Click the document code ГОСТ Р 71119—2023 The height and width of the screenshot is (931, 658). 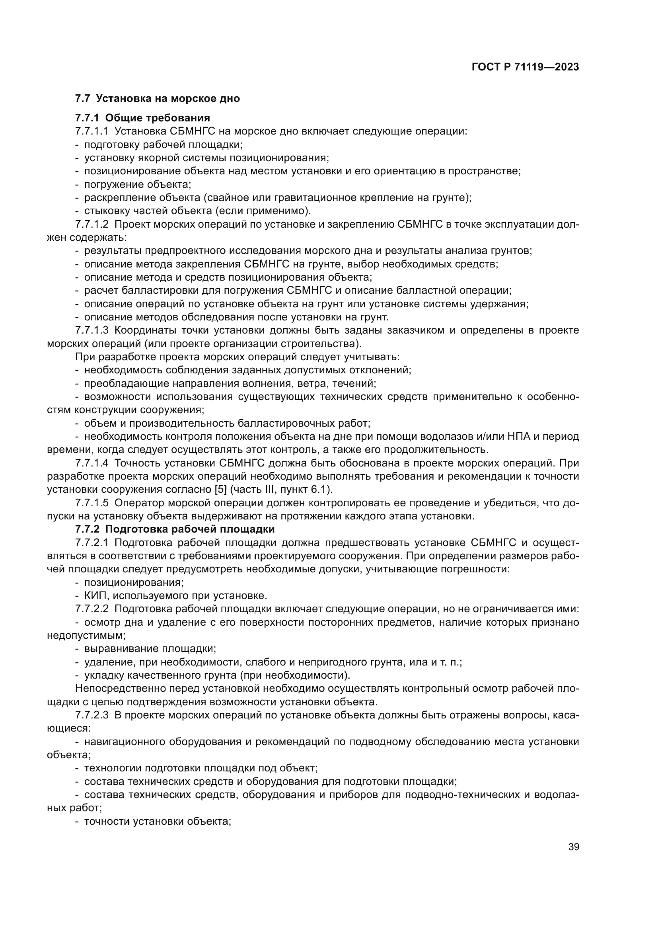[525, 67]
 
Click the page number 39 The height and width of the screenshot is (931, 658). [573, 847]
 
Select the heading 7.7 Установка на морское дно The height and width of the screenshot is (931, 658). [157, 99]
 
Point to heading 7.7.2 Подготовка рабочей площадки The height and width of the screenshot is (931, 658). [175, 529]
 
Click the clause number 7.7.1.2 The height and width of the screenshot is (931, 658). [92, 224]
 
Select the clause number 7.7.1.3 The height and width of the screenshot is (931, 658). [92, 330]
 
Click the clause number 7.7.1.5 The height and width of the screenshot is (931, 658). [92, 503]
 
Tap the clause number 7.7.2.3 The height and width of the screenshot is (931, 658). [92, 715]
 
